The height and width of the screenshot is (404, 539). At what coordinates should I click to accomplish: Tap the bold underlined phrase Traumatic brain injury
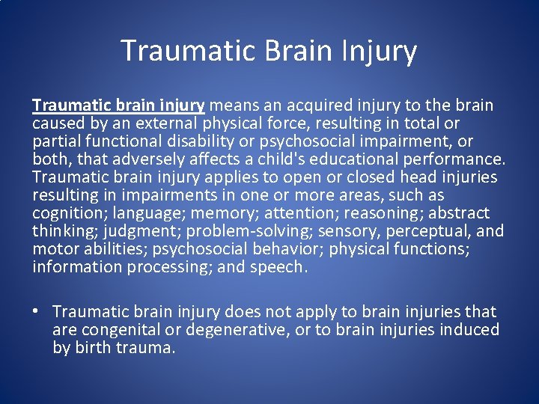pyautogui.click(x=118, y=105)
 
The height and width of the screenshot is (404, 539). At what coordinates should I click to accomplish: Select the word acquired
pyautogui.click(x=301, y=105)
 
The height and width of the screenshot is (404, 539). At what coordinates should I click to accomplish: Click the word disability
pyautogui.click(x=188, y=141)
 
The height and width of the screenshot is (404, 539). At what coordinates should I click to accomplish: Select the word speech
pyautogui.click(x=282, y=266)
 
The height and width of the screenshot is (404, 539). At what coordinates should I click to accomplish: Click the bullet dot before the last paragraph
pyautogui.click(x=37, y=312)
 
